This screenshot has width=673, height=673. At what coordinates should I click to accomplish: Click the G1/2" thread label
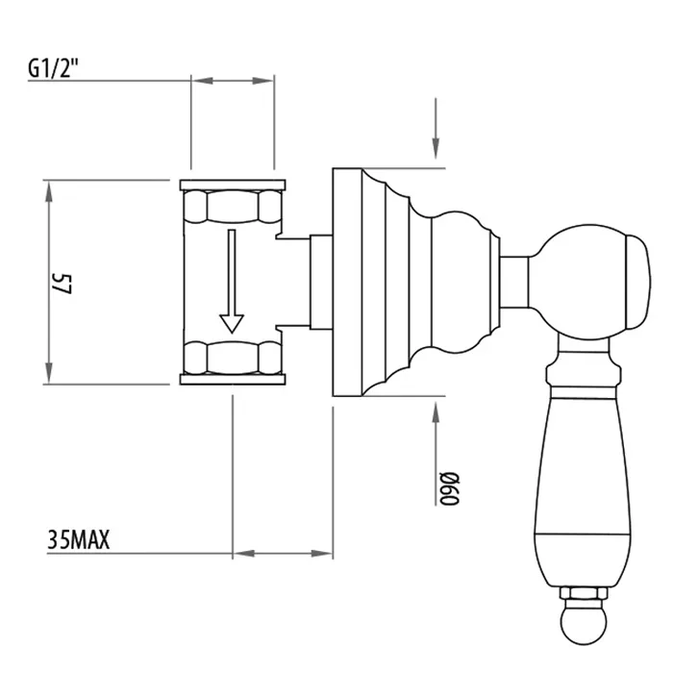[x=53, y=68]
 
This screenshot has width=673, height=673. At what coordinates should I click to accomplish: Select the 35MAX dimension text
[x=79, y=539]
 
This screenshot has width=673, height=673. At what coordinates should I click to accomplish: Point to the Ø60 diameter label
[x=450, y=488]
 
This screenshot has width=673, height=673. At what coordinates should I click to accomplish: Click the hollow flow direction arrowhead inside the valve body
[x=232, y=323]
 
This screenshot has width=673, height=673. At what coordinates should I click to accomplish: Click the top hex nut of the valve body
[x=233, y=207]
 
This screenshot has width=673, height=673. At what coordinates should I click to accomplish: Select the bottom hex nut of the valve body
[x=233, y=358]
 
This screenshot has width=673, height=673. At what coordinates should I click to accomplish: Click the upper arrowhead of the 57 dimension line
[x=49, y=191]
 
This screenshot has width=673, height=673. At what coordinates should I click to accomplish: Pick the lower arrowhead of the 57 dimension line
[x=49, y=373]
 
